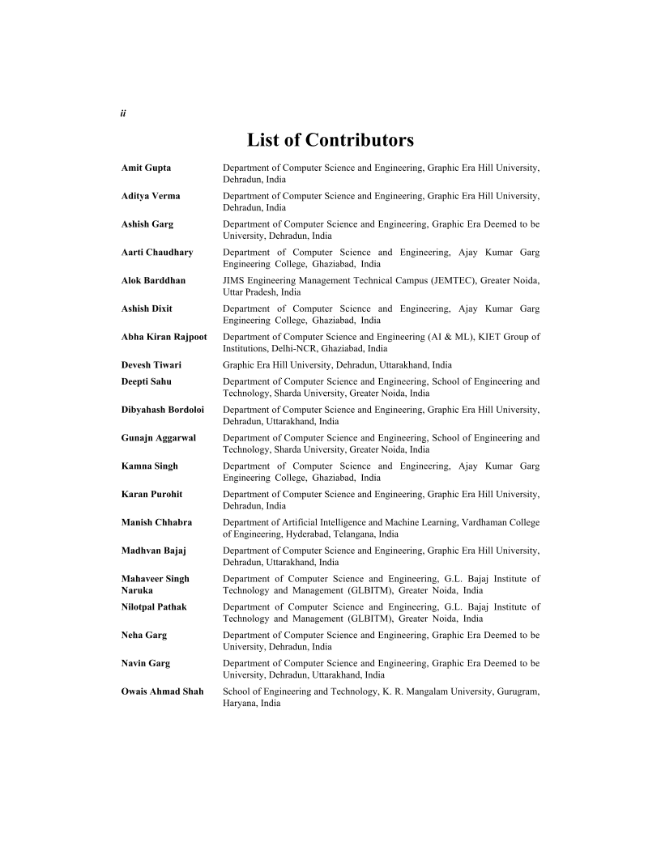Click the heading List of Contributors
tap(330, 140)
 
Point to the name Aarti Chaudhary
tap(157, 252)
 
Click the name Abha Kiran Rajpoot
tap(164, 337)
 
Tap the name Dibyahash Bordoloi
tap(160, 410)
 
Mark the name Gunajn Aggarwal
tap(159, 438)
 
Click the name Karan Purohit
tap(151, 494)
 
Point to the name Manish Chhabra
tap(156, 522)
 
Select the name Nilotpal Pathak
tap(154, 606)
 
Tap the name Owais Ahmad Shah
tap(162, 691)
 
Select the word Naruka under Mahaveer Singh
tap(135, 591)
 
